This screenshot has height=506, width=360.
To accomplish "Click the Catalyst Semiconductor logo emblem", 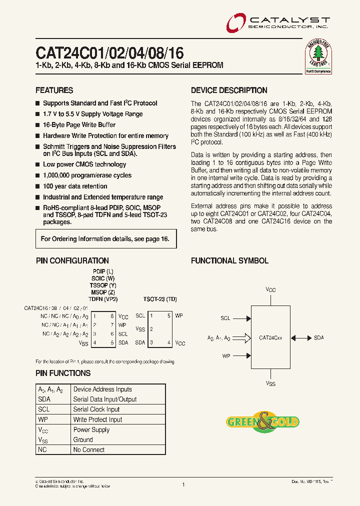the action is click(x=235, y=23).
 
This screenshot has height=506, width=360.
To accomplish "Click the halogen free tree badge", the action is click(x=318, y=55).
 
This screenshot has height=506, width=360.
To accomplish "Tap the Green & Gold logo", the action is click(x=263, y=421).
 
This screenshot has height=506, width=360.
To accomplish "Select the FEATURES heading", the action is click(x=54, y=90).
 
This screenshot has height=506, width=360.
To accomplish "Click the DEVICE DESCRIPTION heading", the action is click(x=229, y=90).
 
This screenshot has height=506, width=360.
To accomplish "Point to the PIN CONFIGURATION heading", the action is click(x=72, y=260).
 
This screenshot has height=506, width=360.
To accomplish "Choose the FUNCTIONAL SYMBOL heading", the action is click(x=229, y=260).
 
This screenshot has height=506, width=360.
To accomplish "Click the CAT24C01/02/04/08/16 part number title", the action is click(x=109, y=53).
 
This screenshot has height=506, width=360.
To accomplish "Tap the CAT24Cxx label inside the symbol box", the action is click(x=270, y=338).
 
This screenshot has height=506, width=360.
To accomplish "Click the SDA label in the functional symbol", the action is click(x=319, y=338).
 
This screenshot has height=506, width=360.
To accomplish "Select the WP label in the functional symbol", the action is click(x=226, y=356).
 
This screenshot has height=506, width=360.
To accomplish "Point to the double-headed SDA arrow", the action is click(x=301, y=338).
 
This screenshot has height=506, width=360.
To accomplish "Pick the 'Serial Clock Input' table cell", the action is click(x=96, y=409).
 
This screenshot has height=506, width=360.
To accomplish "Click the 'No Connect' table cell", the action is click(x=88, y=450).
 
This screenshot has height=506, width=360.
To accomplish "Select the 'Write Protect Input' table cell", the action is click(x=97, y=419).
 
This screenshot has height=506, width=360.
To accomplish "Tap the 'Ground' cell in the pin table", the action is click(x=83, y=440).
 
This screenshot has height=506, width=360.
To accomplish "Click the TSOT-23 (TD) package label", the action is click(x=159, y=298).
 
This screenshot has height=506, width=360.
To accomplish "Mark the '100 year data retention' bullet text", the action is click(x=75, y=186).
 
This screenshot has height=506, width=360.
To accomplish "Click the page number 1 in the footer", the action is click(x=183, y=484).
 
